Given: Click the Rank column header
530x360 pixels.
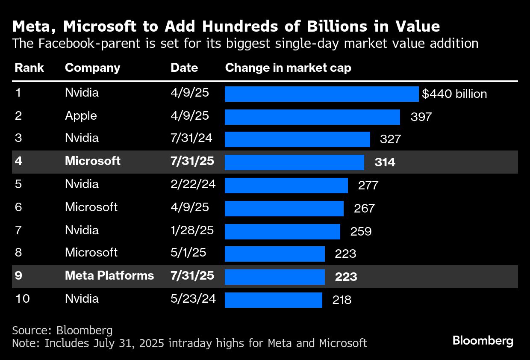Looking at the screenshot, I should click(29, 68).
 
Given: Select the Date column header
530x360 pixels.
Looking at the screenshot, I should click(184, 68).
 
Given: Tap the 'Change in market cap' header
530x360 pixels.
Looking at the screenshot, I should click(288, 68).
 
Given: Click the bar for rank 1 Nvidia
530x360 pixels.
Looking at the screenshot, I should click(321, 94).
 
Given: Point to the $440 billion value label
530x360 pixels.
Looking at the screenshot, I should click(454, 94).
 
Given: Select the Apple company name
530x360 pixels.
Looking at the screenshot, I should click(81, 116).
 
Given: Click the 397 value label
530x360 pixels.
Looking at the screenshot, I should click(421, 117).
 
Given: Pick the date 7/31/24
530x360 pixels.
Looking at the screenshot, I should click(191, 138).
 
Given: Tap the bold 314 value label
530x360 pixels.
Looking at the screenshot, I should click(385, 162).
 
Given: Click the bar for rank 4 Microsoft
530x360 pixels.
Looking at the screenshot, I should click(294, 162).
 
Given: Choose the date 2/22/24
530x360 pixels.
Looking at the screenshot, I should click(193, 184).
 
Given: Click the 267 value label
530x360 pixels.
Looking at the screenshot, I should click(364, 208).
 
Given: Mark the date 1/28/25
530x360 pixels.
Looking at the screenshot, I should click(192, 230).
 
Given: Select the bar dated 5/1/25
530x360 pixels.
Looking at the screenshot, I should click(274, 254).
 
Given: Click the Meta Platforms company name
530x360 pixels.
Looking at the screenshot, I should click(109, 275).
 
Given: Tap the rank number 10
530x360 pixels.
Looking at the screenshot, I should click(22, 298).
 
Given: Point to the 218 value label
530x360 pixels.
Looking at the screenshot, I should click(342, 300).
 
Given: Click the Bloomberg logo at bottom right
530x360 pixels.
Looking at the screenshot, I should click(483, 341).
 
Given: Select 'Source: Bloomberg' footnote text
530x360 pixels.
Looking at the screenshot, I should click(62, 330).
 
